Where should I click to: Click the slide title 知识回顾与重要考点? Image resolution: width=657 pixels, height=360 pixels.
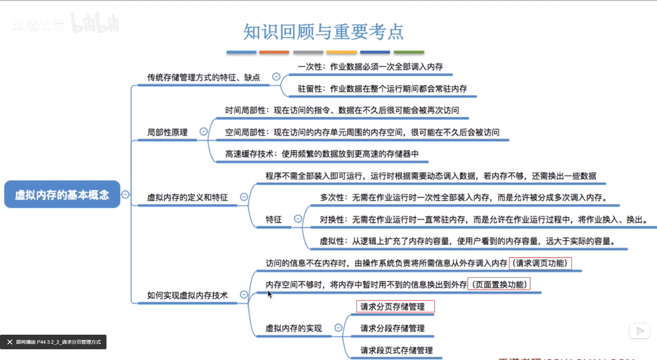[323, 32]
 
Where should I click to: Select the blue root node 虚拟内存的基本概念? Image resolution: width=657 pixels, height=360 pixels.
[62, 195]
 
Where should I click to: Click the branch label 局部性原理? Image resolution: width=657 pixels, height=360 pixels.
[167, 132]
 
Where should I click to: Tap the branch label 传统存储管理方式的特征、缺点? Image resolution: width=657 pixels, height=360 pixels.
[203, 77]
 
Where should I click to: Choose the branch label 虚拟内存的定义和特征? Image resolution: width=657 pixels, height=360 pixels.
[187, 197]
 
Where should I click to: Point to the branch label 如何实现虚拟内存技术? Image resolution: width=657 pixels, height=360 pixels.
[187, 295]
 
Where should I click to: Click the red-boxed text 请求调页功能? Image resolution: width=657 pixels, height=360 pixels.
[540, 263]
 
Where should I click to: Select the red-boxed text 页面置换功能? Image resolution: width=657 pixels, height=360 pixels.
[499, 285]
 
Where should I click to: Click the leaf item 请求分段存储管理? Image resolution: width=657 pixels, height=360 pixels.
[392, 328]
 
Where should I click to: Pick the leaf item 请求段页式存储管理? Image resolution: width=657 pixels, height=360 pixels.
[396, 350]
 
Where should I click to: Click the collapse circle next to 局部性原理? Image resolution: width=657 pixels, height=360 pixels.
[204, 132]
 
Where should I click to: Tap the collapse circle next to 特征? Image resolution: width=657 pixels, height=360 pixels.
[298, 219]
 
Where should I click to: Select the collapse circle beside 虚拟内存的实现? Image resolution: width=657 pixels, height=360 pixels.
[338, 328]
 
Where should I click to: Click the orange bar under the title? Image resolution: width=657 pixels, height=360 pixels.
[274, 52]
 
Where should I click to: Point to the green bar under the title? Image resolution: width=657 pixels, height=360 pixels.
[409, 52]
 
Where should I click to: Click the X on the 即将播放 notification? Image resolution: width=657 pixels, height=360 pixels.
[10, 342]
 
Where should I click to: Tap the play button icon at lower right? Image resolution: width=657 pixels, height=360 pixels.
[640, 332]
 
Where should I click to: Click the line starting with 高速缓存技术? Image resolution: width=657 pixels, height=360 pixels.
[322, 154]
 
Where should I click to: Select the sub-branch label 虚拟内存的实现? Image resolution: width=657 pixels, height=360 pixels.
[293, 328]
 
